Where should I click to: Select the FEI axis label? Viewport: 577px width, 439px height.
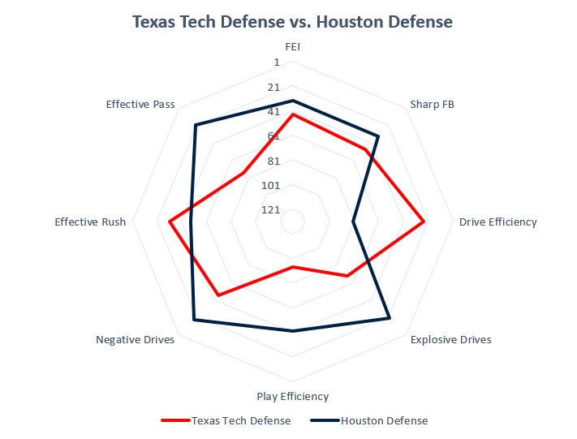(293, 47)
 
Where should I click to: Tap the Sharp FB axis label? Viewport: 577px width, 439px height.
(432, 104)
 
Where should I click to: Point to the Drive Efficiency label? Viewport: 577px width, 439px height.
(497, 222)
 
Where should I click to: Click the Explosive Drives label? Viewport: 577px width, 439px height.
(450, 339)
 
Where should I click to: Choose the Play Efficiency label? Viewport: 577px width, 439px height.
(292, 396)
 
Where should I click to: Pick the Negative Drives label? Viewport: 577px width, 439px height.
(135, 339)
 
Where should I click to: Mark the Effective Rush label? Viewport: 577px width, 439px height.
(90, 222)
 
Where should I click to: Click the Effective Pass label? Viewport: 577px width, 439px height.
(140, 104)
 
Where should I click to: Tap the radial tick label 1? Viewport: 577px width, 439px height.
(277, 62)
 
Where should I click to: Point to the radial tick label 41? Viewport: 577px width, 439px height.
(273, 112)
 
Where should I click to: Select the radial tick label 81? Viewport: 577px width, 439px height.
(273, 161)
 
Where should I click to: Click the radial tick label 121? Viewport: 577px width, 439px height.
(270, 210)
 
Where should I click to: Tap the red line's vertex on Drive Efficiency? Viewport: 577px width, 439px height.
(424, 222)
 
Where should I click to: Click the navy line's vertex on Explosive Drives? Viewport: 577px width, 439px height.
(390, 317)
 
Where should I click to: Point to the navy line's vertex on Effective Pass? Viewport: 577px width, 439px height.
(196, 125)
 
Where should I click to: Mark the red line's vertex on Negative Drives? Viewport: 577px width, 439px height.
(217, 295)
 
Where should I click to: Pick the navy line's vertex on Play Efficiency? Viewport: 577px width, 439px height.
(293, 330)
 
